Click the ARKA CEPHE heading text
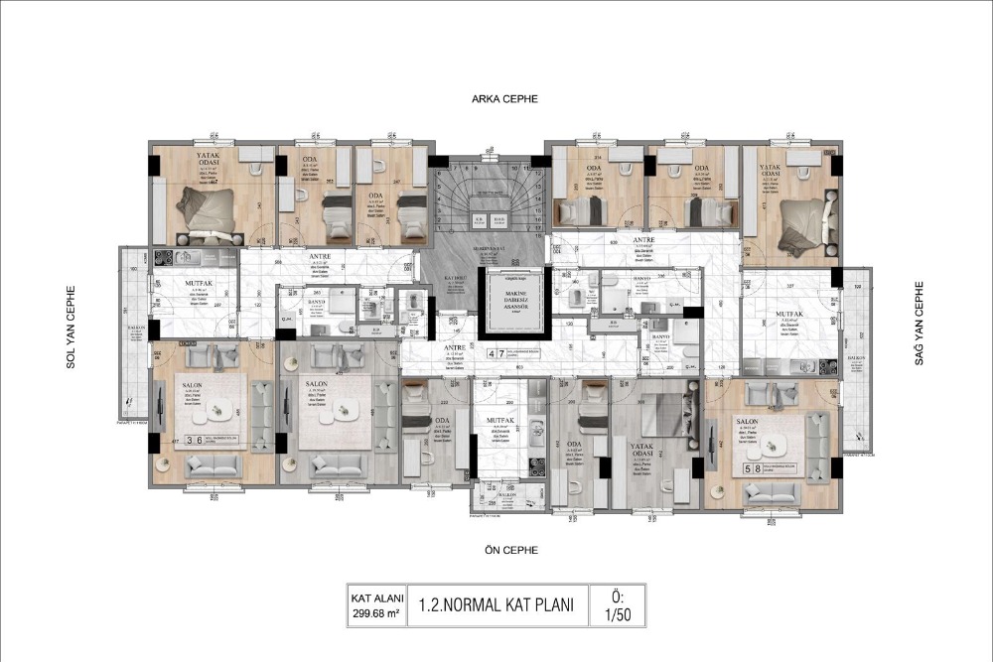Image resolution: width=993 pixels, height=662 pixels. (502, 99)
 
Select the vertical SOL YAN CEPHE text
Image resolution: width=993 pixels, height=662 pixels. (71, 328)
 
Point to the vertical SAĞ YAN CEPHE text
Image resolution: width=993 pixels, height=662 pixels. (920, 328)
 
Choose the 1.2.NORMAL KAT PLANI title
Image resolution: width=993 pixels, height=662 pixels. (496, 604)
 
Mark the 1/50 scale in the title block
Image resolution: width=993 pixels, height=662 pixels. (618, 612)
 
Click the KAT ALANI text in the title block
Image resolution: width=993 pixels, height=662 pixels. (372, 597)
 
